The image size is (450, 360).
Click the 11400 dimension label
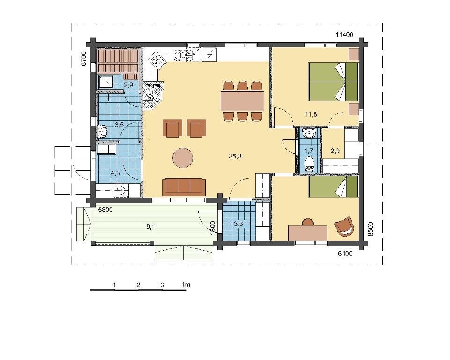pos(345,35)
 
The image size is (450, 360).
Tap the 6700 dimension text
pos(83,59)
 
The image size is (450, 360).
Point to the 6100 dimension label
pos(345,254)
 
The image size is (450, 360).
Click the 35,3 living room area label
pos(235,156)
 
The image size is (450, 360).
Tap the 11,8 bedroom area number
pos(311,114)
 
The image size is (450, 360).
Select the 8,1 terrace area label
pos(150,226)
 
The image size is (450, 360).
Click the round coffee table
pos(183,157)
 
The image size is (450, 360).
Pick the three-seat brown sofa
pos(184,187)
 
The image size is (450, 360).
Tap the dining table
pos(242,101)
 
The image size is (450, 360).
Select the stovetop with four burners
pos(157,60)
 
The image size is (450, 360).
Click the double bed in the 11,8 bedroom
pos(333,82)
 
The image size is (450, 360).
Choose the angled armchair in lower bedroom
pos(344,227)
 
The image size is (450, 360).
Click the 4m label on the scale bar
pos(186,285)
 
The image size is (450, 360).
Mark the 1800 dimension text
pos(213,228)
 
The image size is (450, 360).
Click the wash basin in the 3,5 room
pos(102,131)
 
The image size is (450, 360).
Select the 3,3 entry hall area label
pos(239,224)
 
